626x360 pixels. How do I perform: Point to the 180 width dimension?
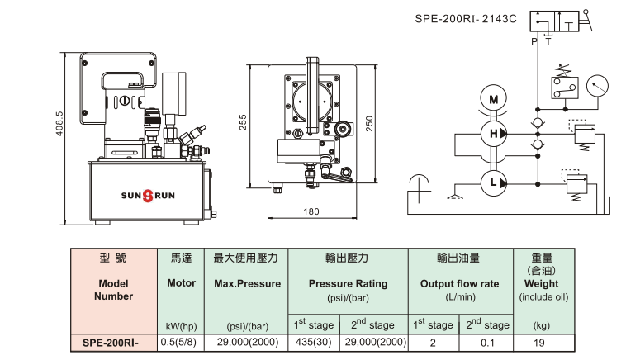(311, 211)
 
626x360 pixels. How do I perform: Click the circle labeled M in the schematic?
(494, 100)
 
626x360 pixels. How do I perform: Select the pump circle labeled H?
(494, 134)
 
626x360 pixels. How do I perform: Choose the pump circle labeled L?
(494, 181)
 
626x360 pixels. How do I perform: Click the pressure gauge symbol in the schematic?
(595, 85)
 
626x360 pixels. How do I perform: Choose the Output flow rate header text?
(461, 283)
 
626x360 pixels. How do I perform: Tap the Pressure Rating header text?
(348, 283)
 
